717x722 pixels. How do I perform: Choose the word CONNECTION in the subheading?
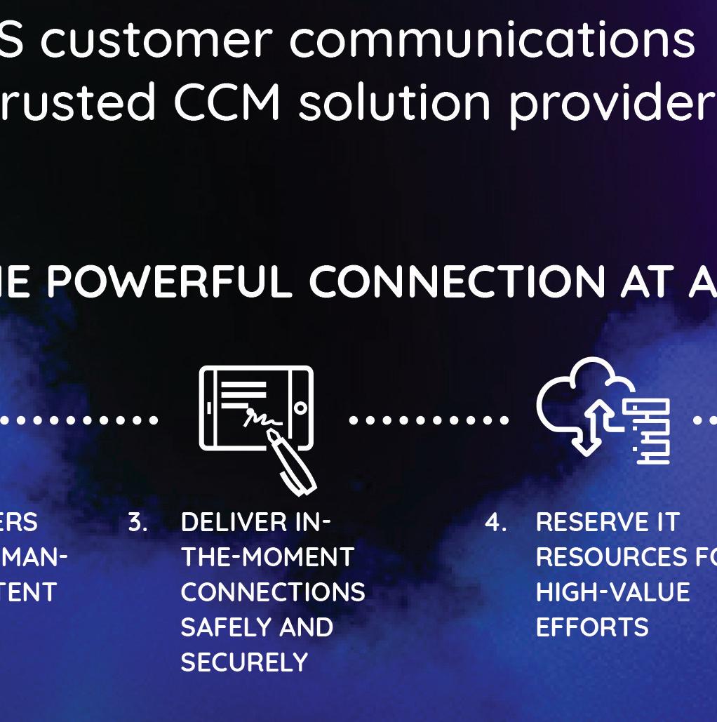pos(457,281)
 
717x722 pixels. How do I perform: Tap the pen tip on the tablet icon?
pos(272,436)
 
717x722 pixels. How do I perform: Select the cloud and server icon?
pos(603,411)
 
